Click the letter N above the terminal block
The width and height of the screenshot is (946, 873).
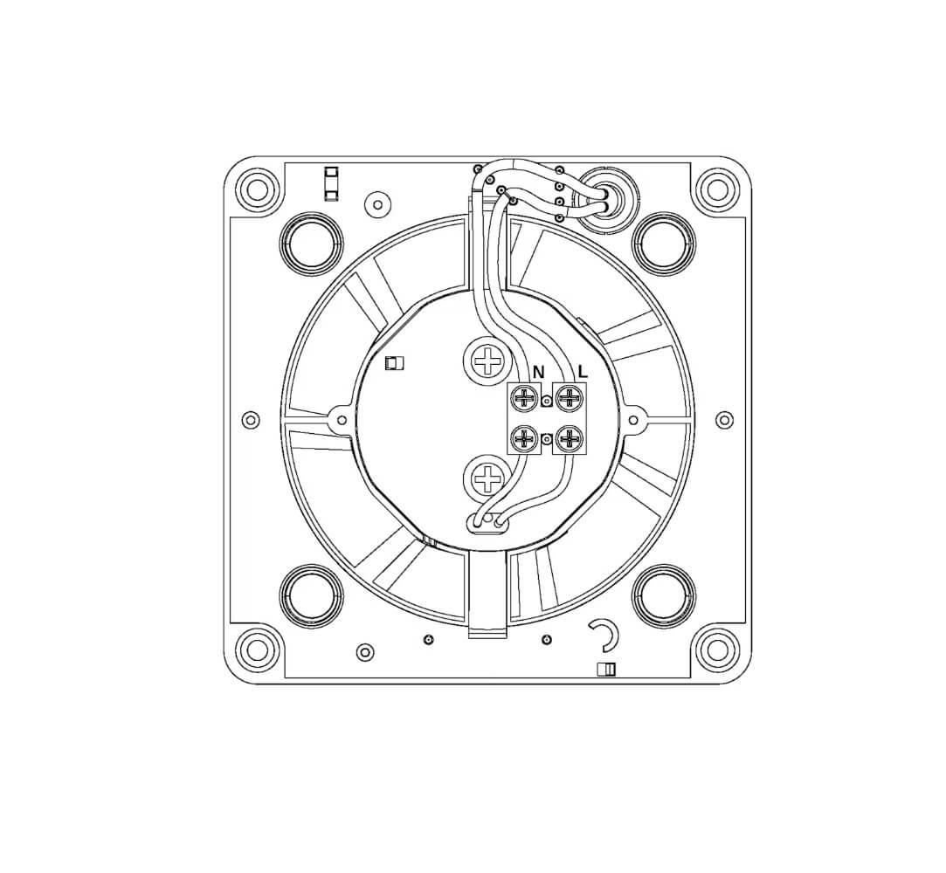point(539,373)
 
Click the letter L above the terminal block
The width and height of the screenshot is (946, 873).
point(583,371)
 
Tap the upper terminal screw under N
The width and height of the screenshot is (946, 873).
point(525,397)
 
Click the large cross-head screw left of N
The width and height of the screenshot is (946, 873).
point(486,361)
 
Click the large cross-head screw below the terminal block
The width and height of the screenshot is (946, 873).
point(486,479)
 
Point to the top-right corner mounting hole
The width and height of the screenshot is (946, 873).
point(718,189)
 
